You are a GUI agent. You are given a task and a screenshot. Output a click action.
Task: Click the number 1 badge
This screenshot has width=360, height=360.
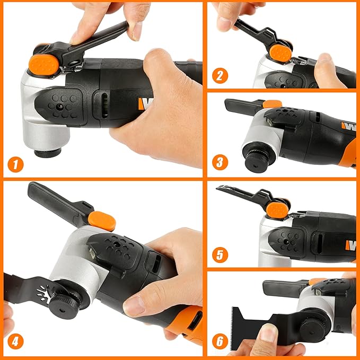point(16,164)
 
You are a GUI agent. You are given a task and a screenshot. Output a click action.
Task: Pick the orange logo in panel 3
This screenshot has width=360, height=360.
point(348,126)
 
